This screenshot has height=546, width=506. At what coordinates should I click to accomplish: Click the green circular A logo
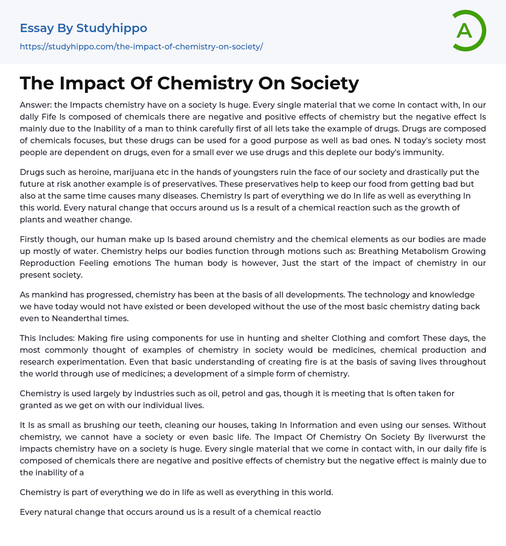tap(468, 31)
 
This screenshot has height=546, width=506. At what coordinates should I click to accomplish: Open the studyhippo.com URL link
tap(141, 46)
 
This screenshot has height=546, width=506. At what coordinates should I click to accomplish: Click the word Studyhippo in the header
tap(112, 28)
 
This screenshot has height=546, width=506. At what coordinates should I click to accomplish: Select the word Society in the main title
tap(325, 83)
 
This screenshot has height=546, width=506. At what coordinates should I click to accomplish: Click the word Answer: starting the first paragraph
tap(36, 105)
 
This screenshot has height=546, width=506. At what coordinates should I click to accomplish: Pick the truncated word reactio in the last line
tap(306, 512)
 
